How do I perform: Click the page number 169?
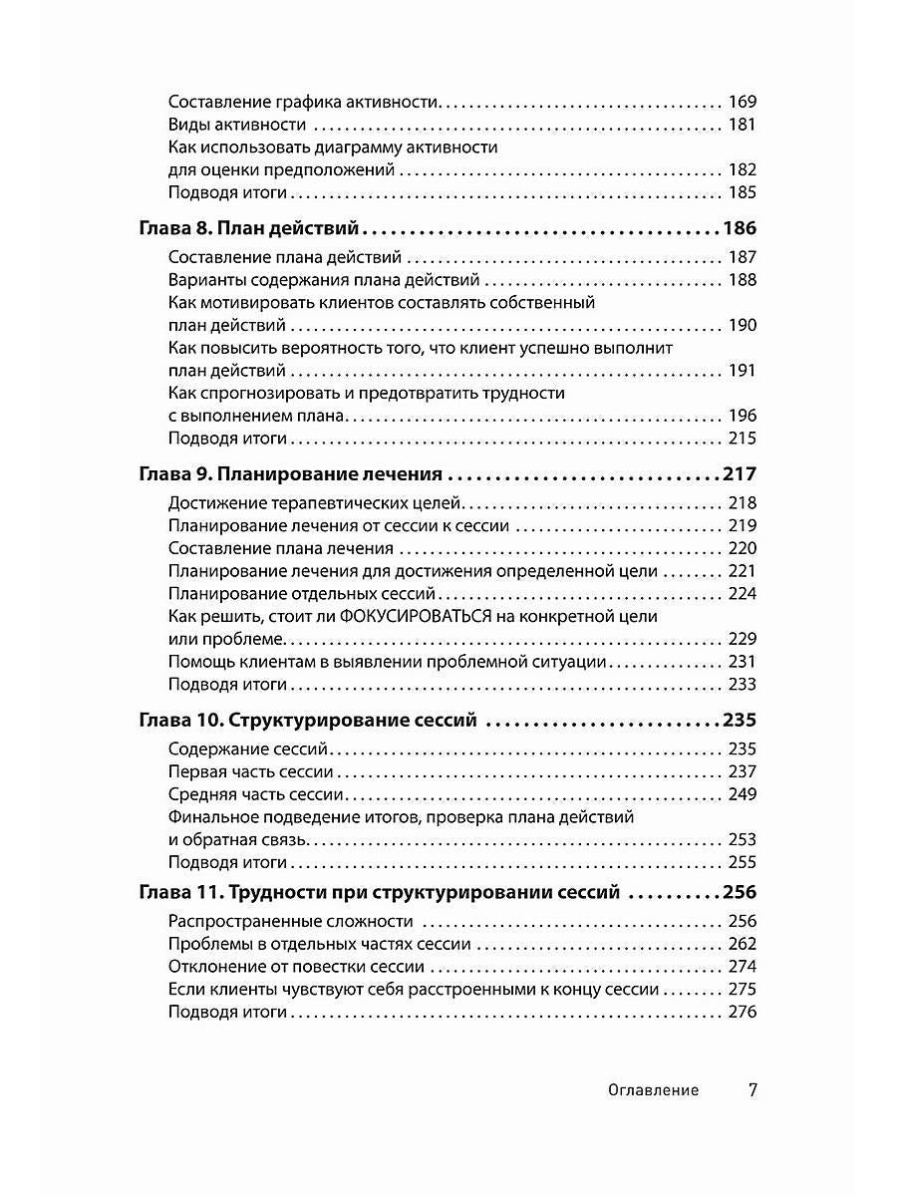pyautogui.click(x=743, y=102)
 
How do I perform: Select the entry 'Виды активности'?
pyautogui.click(x=236, y=125)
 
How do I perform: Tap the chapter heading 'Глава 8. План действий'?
pyautogui.click(x=248, y=228)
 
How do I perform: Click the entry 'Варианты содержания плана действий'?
pyautogui.click(x=324, y=280)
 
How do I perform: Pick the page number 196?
pyautogui.click(x=743, y=416)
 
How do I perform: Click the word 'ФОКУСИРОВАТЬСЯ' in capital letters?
pyautogui.click(x=415, y=617)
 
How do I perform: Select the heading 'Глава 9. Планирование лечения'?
pyautogui.click(x=290, y=474)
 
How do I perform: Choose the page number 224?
pyautogui.click(x=743, y=594)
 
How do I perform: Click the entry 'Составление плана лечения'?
pyautogui.click(x=281, y=549)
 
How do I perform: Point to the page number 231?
pyautogui.click(x=743, y=662)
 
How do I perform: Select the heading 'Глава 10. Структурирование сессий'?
pyautogui.click(x=307, y=721)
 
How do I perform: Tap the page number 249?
pyautogui.click(x=743, y=794)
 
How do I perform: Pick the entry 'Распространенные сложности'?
pyautogui.click(x=290, y=922)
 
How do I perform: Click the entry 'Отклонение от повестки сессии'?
pyautogui.click(x=298, y=967)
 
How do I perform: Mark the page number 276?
pyautogui.click(x=743, y=1012)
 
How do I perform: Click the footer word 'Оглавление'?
pyautogui.click(x=653, y=1090)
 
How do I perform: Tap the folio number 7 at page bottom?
pyautogui.click(x=752, y=1089)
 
